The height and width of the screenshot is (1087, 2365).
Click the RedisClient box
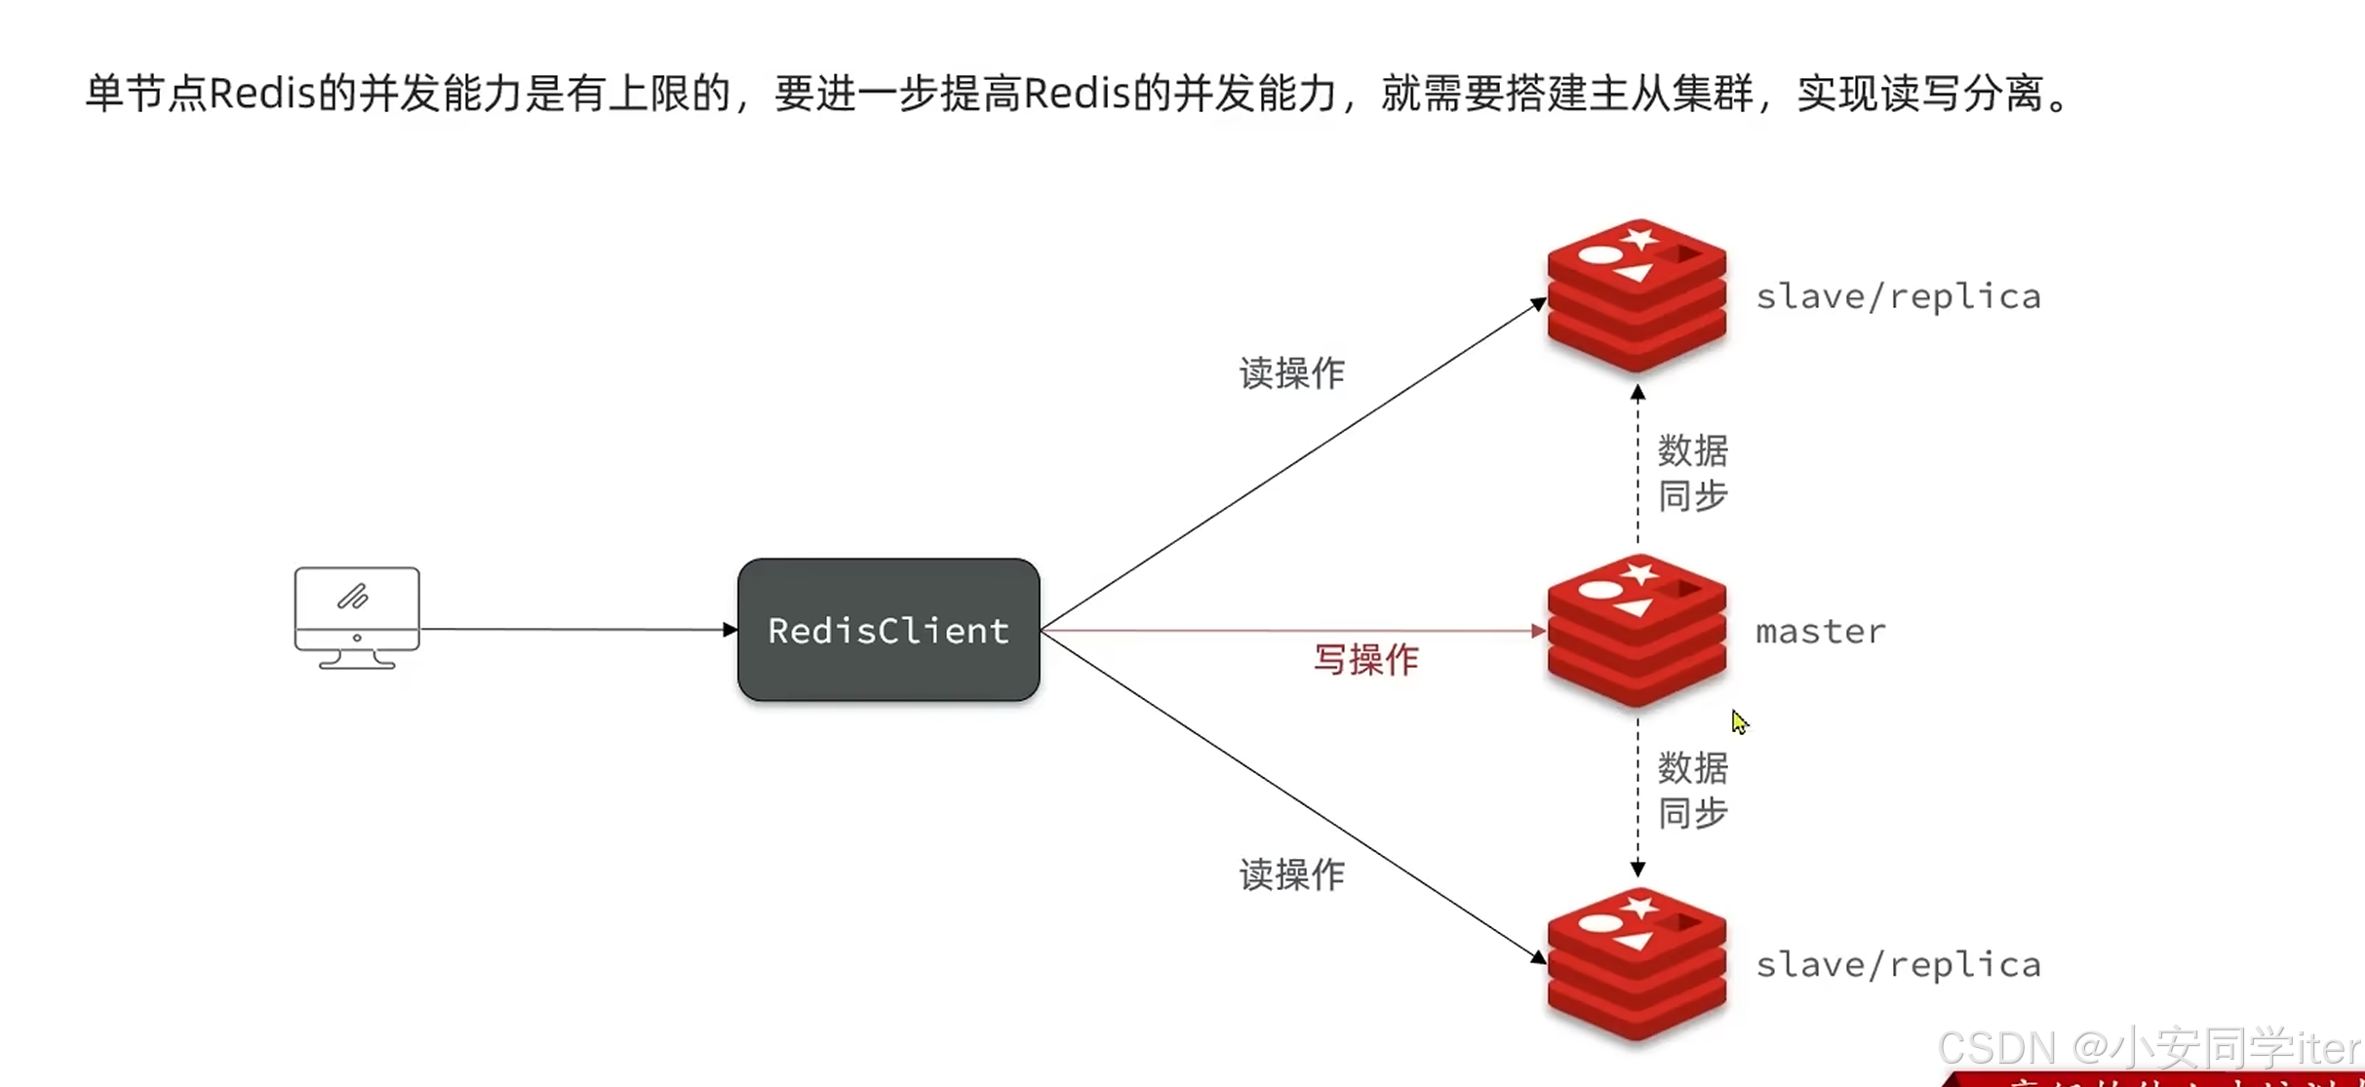tap(888, 630)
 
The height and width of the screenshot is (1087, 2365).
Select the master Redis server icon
tap(1636, 631)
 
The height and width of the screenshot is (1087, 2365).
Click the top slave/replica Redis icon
tap(1636, 295)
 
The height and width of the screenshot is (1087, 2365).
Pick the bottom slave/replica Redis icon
tap(1636, 964)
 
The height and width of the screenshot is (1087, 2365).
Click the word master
tap(1820, 632)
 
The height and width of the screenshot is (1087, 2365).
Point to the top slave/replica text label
tap(1898, 296)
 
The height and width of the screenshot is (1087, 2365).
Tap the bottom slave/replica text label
tap(1898, 965)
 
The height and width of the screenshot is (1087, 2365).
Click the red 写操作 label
tap(1365, 660)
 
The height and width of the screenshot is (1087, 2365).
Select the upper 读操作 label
tap(1292, 373)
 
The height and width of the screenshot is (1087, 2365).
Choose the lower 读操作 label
tap(1292, 874)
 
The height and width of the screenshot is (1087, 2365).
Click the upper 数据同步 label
tap(1693, 473)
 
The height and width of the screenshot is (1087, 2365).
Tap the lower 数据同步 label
tap(1693, 790)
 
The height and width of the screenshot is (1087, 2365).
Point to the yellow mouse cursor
tap(1739, 721)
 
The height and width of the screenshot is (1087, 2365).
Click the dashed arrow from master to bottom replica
tap(1637, 795)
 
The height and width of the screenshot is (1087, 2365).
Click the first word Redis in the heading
tap(262, 95)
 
